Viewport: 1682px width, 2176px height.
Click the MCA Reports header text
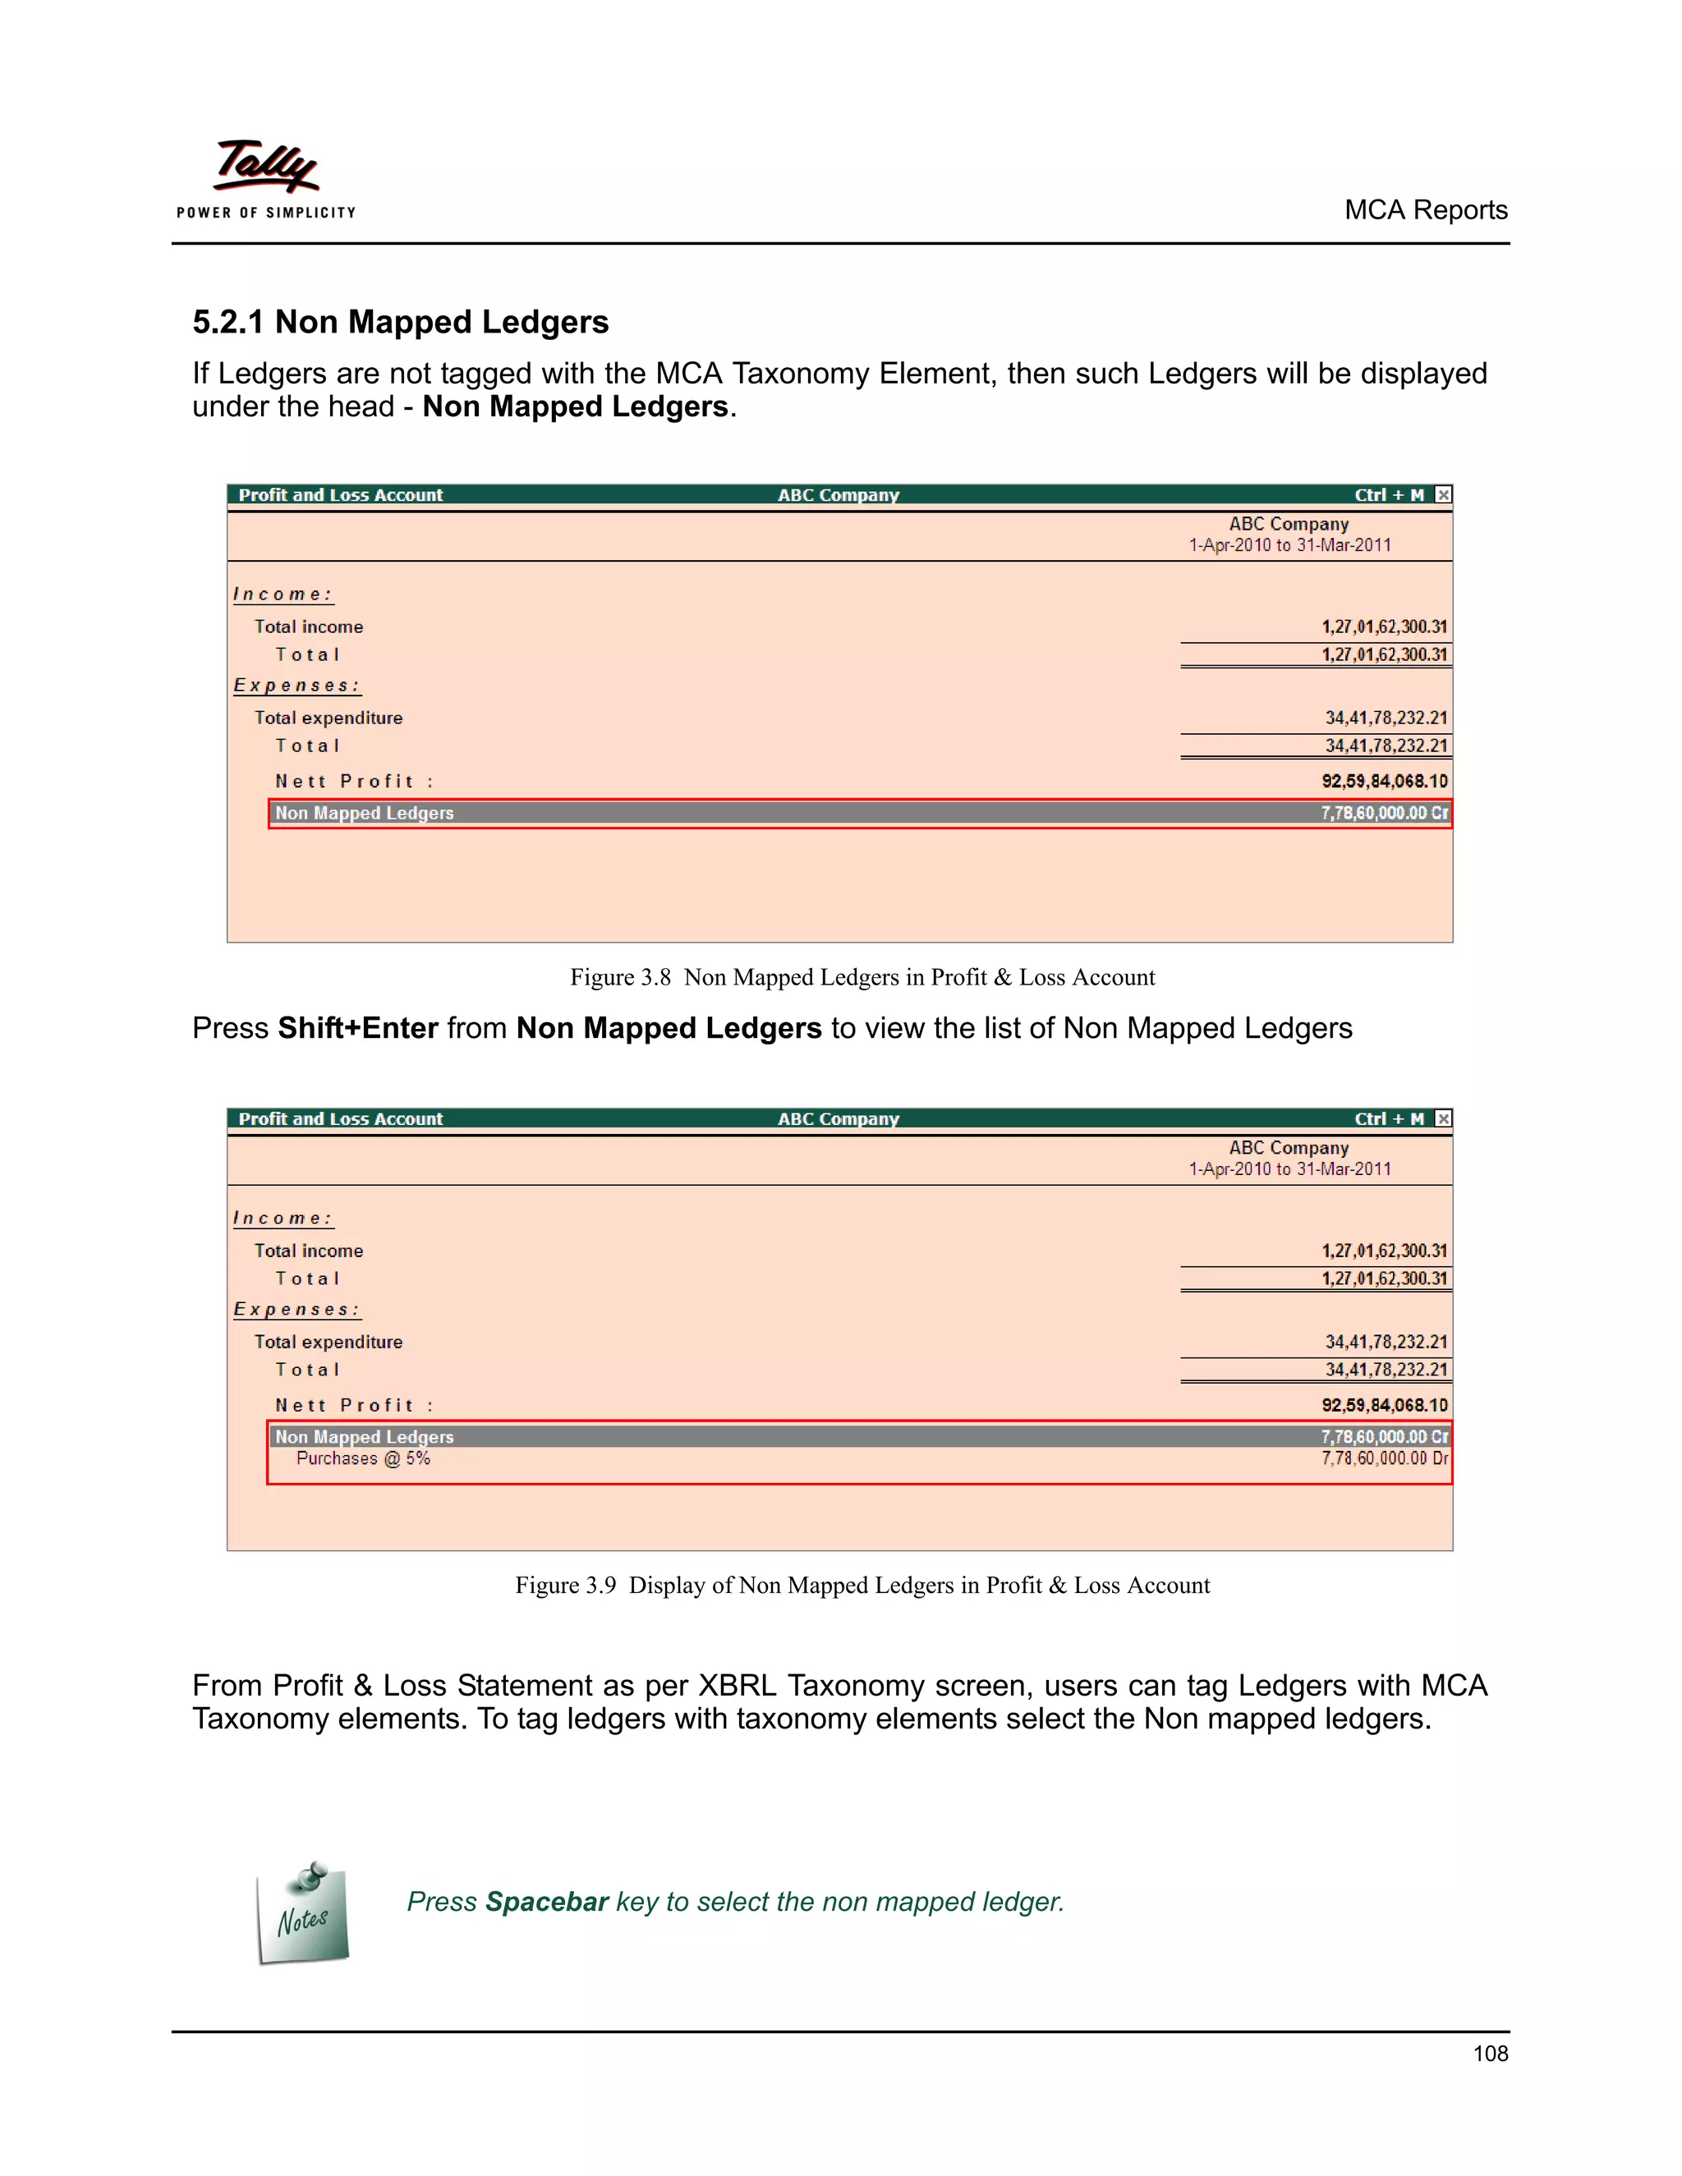1425,210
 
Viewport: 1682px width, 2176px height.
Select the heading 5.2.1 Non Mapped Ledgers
400,322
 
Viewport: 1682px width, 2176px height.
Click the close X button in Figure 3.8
1443,495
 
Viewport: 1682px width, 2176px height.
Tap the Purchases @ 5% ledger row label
363,1458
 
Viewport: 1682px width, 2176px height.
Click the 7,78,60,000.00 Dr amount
1384,1458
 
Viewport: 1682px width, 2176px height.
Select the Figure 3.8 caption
862,977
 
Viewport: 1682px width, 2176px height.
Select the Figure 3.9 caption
862,1585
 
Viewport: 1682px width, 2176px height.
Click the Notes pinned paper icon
303,1914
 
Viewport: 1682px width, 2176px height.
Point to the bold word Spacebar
546,1902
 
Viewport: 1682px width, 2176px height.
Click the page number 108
1490,2054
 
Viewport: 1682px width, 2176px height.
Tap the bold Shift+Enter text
358,1028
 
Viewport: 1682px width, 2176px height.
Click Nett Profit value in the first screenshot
1384,781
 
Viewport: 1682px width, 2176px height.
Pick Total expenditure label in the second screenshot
328,1342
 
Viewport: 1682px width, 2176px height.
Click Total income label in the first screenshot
308,627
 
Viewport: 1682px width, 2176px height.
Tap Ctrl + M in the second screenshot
1388,1119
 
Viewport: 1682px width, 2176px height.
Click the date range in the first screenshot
1289,545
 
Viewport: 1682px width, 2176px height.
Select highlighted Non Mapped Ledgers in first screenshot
365,813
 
